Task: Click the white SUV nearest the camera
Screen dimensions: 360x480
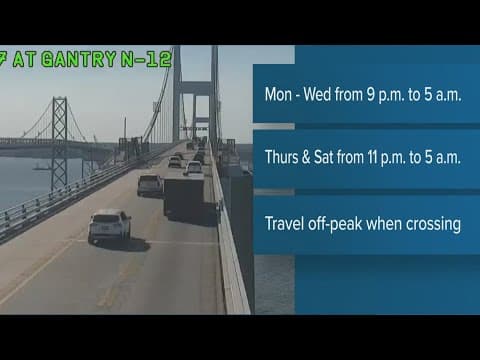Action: point(109,226)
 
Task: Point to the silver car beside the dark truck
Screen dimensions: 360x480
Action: point(150,184)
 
